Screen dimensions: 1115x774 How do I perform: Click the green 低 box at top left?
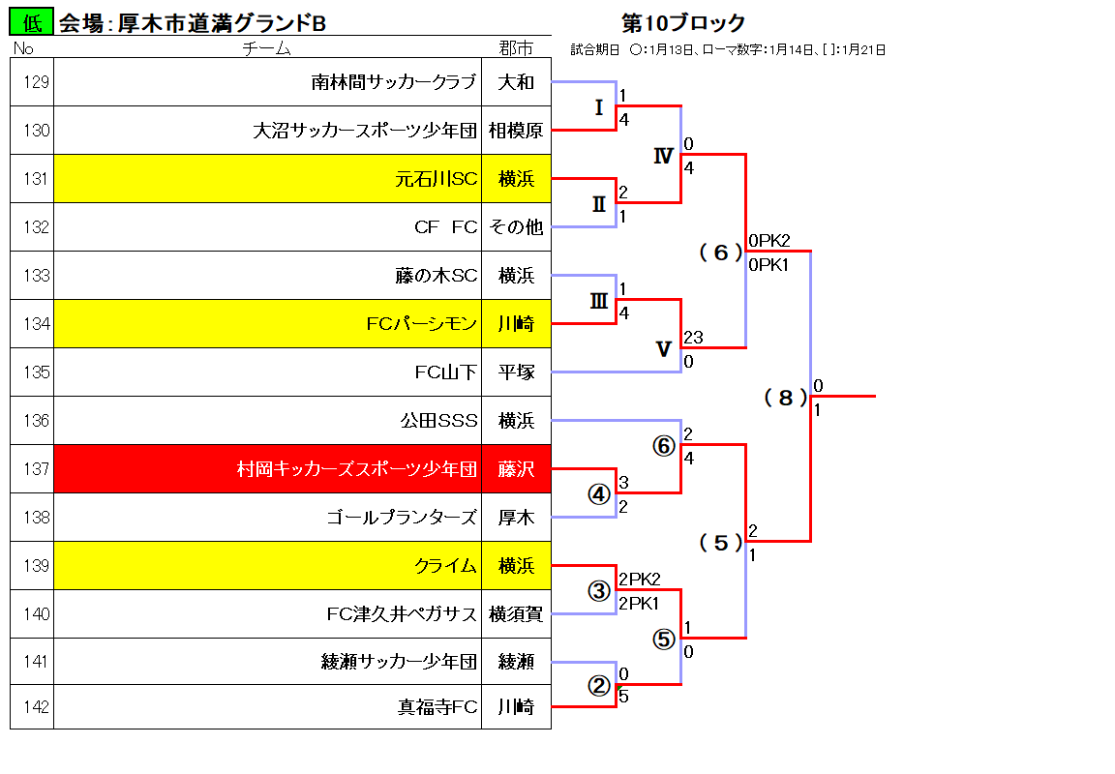click(x=31, y=22)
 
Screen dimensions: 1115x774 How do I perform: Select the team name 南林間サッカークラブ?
click(x=393, y=82)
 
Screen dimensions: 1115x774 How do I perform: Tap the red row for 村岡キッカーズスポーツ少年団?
click(x=302, y=469)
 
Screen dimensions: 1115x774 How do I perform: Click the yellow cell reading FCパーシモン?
click(x=267, y=323)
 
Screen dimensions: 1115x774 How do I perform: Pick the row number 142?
click(x=36, y=707)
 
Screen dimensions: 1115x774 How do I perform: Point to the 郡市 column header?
click(x=516, y=47)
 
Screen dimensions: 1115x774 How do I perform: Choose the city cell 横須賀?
click(x=516, y=614)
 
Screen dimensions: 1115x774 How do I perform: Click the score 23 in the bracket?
click(x=693, y=338)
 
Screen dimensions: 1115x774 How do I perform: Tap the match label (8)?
click(x=786, y=398)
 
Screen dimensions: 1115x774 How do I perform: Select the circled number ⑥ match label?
click(x=663, y=446)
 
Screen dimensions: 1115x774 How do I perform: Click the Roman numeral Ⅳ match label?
click(x=663, y=156)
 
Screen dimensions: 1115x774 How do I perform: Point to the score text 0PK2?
click(x=769, y=241)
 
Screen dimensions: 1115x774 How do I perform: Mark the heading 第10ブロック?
click(x=683, y=23)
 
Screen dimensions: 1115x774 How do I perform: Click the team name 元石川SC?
click(x=436, y=179)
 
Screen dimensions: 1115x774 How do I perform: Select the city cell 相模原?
click(x=516, y=131)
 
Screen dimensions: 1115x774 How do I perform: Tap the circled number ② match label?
click(x=599, y=686)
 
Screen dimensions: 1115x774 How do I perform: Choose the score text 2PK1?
click(x=639, y=604)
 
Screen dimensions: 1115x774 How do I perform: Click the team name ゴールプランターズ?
click(x=402, y=518)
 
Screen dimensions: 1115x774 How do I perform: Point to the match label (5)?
click(x=721, y=543)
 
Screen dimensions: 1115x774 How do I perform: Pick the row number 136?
click(x=36, y=421)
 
